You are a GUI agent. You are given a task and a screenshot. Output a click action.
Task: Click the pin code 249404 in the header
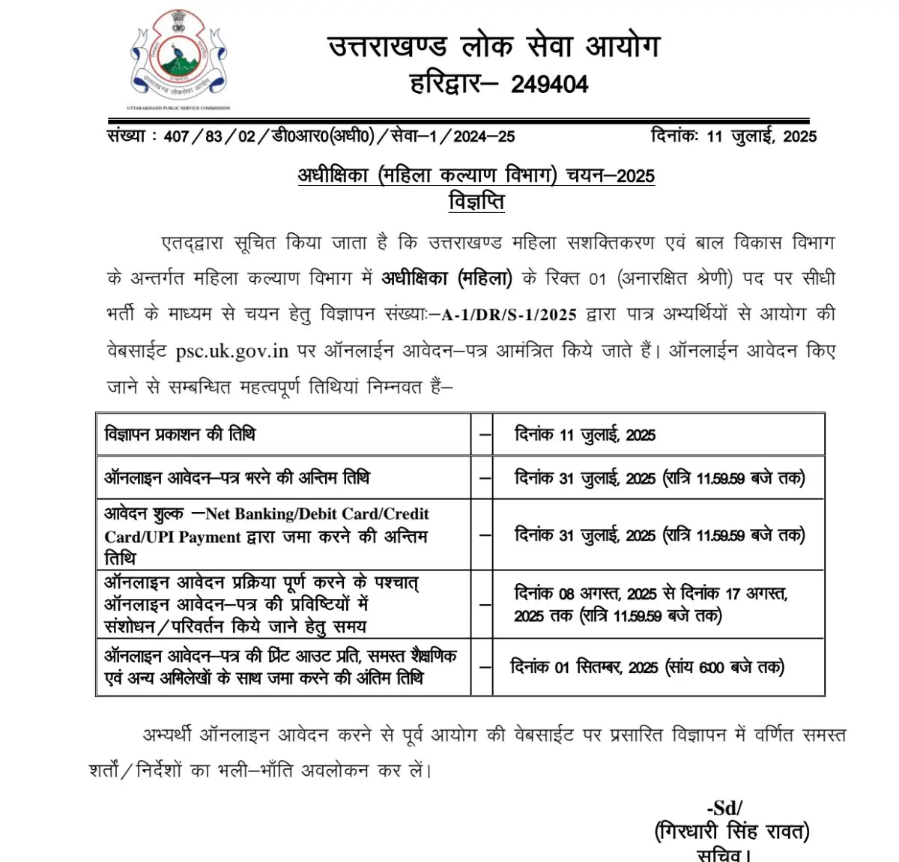[549, 84]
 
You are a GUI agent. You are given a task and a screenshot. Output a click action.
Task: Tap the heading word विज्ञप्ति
[476, 202]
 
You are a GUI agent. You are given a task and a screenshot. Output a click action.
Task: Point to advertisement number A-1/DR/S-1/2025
[509, 315]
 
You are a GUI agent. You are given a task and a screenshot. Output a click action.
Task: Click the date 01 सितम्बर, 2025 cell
[647, 667]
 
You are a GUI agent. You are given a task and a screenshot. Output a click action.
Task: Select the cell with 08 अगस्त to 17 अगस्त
[650, 604]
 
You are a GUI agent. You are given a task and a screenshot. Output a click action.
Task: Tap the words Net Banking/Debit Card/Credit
[317, 514]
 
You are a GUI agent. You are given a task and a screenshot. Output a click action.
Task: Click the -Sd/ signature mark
[724, 807]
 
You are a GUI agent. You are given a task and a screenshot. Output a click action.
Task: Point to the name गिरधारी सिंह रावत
[731, 831]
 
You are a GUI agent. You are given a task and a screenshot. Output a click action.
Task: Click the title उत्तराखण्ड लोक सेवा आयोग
[494, 46]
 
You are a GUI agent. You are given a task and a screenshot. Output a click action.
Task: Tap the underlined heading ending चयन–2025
[476, 175]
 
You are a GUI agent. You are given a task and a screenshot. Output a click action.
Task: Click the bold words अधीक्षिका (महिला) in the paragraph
[447, 279]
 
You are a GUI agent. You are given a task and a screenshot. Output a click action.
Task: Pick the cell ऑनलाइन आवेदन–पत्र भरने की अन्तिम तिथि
[237, 477]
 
